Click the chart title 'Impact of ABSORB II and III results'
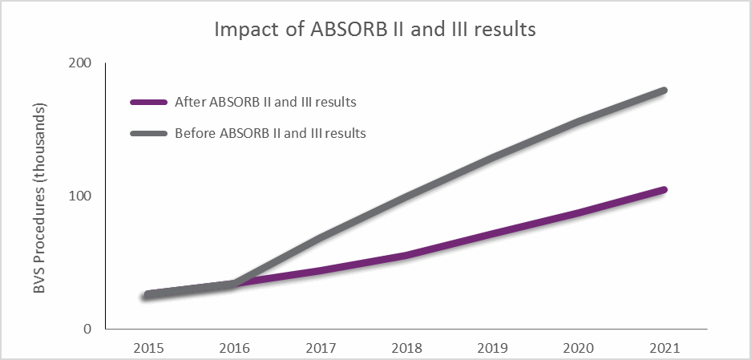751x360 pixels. [375, 30]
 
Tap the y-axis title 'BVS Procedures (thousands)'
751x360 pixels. [40, 197]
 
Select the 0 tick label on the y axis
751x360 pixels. [87, 329]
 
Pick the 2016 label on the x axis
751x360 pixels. [233, 348]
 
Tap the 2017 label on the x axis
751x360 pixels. [320, 348]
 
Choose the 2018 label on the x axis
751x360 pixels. [406, 348]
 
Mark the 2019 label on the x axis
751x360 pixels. [493, 348]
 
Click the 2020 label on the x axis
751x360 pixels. [579, 348]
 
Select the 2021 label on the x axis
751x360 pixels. [665, 348]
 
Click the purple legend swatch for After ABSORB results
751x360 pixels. [149, 103]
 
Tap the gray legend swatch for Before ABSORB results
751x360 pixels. [149, 133]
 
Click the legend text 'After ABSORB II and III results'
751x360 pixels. [265, 103]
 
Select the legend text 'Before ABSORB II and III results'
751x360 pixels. [270, 133]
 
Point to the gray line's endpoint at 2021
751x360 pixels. [664, 91]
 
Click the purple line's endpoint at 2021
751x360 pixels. [664, 190]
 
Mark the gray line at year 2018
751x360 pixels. [406, 193]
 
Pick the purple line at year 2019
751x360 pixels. [493, 234]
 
